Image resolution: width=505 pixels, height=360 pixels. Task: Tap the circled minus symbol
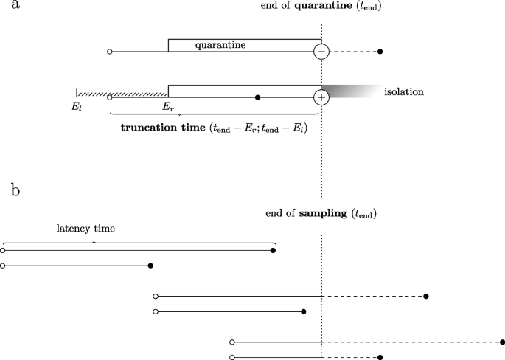[x=321, y=52]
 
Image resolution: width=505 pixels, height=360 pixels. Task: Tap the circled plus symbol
[x=321, y=97]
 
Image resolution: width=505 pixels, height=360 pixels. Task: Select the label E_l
[x=76, y=106]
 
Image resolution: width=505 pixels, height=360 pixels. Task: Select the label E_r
[x=167, y=106]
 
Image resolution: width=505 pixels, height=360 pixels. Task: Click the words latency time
[x=86, y=229]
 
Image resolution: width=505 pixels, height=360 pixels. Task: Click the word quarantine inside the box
[x=220, y=45]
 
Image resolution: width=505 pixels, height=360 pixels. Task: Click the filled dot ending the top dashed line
[x=380, y=52]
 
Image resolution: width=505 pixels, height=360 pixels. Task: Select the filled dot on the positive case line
[x=257, y=97]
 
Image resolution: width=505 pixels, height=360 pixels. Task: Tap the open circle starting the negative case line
[x=110, y=52]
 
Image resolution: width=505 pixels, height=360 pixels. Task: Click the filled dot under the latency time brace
[x=274, y=251]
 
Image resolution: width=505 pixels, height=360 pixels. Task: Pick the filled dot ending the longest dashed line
[x=502, y=342]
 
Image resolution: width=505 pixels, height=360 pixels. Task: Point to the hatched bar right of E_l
[x=122, y=94]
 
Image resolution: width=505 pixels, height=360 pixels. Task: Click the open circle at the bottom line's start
[x=232, y=357]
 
